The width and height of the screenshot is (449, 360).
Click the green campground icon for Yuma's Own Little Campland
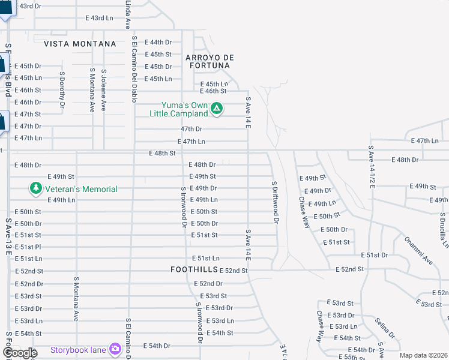tap(217, 109)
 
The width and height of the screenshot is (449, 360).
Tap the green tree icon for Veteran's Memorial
tap(36, 189)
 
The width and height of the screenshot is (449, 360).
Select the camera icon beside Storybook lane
tap(115, 350)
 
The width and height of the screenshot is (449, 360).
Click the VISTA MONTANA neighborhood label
tap(79, 44)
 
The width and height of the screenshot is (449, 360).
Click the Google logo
tap(19, 353)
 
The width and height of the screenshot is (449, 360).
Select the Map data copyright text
tap(423, 355)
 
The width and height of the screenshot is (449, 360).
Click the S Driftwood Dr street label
tap(274, 202)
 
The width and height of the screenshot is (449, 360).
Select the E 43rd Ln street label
tap(100, 18)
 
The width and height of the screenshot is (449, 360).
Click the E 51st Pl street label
tap(28, 247)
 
